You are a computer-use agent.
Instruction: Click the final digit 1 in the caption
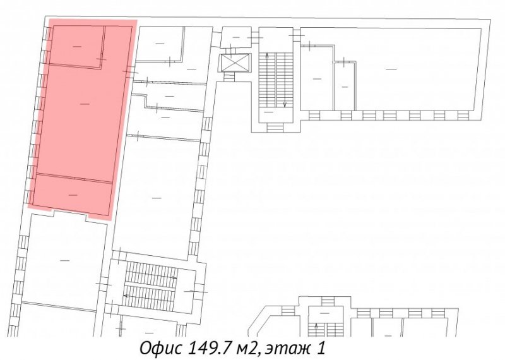coord(321,348)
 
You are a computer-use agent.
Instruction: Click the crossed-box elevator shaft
coord(235,63)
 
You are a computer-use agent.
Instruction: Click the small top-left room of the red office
coord(76,46)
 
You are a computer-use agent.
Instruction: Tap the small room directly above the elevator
coord(236,37)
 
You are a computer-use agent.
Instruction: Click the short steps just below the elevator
coord(229,76)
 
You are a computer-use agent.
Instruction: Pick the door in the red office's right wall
coord(130,69)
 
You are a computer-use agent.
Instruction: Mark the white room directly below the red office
coord(65,260)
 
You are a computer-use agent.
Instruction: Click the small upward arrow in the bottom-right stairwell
coord(316,330)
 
